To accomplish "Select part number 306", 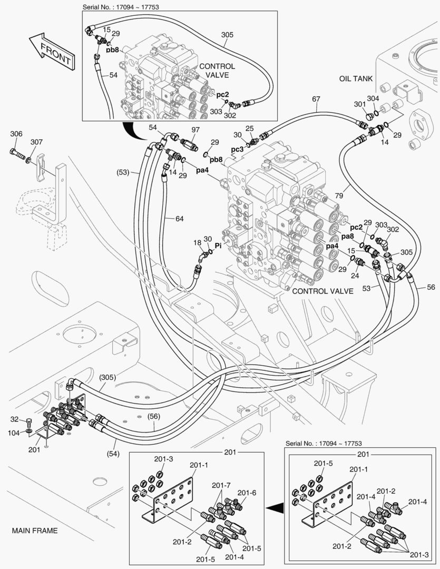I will tap(16, 134).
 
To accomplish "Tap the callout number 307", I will tap(36, 142).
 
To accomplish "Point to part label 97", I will tap(195, 130).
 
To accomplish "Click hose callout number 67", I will tap(316, 99).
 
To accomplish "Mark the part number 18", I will tap(197, 242).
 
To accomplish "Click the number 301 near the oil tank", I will tap(360, 104).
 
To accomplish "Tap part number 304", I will tap(373, 98).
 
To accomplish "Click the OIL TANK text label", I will tap(356, 79).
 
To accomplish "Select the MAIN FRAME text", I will tap(35, 531).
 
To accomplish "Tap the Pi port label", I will tap(218, 246).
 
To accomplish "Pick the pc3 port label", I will tap(238, 150).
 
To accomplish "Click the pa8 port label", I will tap(347, 237).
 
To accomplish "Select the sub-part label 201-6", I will tap(247, 493).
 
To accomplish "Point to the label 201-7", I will tap(221, 485).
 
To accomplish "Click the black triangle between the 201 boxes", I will tap(273, 508).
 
